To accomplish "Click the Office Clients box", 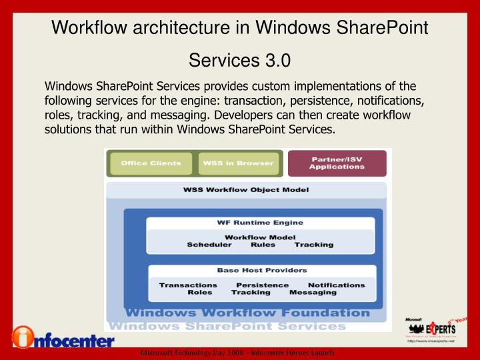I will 151,163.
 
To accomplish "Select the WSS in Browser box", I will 238,163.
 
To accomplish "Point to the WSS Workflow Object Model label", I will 246,190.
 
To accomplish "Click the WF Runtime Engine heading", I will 260,223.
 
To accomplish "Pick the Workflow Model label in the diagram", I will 260,237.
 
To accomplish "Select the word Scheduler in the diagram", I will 209,245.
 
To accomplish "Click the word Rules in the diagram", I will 263,245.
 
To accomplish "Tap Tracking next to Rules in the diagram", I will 313,245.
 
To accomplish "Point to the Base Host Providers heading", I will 262,271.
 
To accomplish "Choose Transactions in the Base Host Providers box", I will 188,285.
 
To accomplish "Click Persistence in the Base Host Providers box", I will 263,285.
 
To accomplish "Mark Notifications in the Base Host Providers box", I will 336,285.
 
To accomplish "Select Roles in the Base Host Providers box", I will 200,293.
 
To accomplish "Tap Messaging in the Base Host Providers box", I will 313,293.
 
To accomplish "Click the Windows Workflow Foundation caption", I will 247,313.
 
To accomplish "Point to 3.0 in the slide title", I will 277,61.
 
